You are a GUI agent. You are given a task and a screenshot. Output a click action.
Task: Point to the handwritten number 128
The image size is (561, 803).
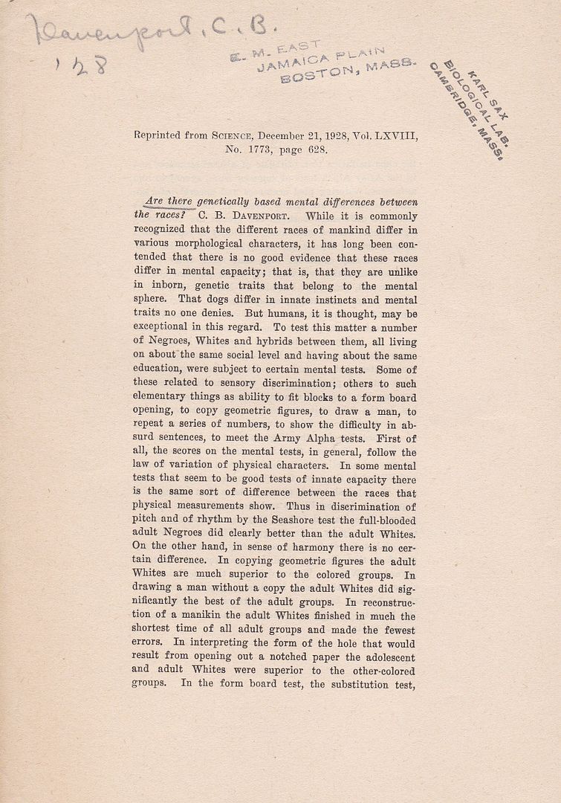[x=82, y=65]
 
